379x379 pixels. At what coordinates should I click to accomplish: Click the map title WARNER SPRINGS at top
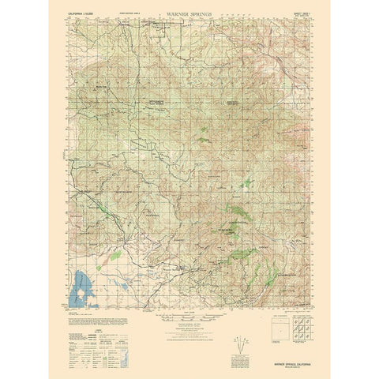coord(189,13)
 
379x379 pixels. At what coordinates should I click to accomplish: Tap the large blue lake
coord(82,291)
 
